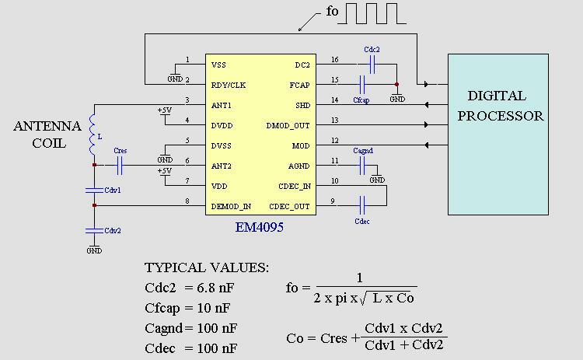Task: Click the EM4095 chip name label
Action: click(259, 228)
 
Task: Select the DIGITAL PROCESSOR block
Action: click(498, 134)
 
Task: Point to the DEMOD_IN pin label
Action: click(232, 206)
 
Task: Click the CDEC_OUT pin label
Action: click(289, 206)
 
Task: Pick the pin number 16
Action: click(334, 60)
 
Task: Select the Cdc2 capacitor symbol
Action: click(372, 65)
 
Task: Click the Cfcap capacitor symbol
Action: click(361, 85)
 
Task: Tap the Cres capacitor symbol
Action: click(120, 165)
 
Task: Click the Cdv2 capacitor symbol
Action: click(94, 230)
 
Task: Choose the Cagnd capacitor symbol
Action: click(362, 166)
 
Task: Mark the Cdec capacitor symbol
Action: click(361, 206)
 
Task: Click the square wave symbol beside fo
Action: click(371, 14)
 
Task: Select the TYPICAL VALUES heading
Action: click(207, 267)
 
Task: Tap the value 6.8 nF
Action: click(215, 288)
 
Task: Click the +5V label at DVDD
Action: click(164, 110)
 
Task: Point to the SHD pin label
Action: click(302, 105)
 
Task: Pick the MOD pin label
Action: click(300, 145)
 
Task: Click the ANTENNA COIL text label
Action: click(47, 135)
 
